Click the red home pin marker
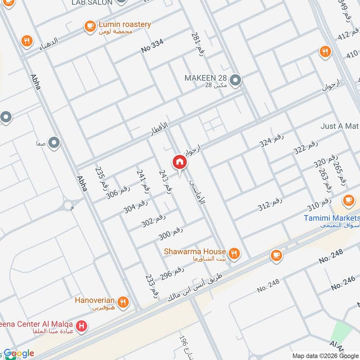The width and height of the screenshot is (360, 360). point(179,162)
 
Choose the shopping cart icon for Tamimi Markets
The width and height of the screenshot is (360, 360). point(348,199)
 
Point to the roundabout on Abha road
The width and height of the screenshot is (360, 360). point(69,206)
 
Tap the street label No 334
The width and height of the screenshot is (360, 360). point(152,46)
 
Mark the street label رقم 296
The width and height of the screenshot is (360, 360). point(173,274)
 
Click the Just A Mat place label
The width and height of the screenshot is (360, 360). point(340,126)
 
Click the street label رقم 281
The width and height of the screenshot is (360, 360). point(197,44)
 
